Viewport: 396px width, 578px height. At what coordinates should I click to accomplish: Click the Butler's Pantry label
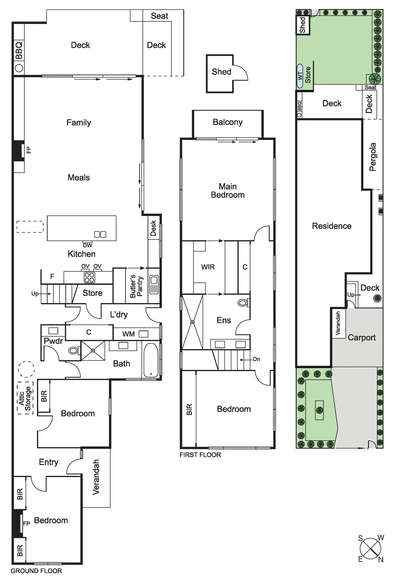click(136, 286)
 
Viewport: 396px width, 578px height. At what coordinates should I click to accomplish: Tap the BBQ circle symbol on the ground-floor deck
click(19, 68)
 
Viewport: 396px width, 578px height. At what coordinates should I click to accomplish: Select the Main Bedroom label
click(228, 191)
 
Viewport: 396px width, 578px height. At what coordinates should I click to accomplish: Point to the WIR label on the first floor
click(208, 267)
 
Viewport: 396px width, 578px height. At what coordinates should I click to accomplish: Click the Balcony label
click(228, 122)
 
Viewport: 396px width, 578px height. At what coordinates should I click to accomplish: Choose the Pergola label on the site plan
click(373, 157)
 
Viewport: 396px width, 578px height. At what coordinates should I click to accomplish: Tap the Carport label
click(362, 338)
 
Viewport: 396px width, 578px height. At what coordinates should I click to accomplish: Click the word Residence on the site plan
click(332, 226)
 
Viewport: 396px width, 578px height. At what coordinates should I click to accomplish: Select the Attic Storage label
click(25, 398)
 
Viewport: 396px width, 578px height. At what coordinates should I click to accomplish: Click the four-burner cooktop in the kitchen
click(89, 278)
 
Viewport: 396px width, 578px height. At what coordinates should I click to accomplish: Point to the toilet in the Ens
click(243, 302)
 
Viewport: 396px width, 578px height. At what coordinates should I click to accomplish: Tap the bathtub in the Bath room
click(151, 361)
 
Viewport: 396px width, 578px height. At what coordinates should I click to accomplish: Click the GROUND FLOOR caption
click(36, 571)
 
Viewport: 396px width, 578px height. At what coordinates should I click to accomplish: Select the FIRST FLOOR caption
click(200, 455)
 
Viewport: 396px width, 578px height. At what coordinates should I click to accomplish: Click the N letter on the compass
click(381, 560)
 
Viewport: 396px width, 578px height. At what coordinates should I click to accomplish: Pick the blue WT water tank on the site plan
click(300, 76)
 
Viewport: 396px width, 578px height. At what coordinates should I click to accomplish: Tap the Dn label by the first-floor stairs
click(256, 359)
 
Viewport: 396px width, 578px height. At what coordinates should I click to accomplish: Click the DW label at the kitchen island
click(87, 245)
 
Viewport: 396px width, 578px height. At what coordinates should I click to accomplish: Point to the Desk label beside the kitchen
click(153, 228)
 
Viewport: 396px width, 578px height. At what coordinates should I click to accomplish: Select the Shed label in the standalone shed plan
click(221, 72)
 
